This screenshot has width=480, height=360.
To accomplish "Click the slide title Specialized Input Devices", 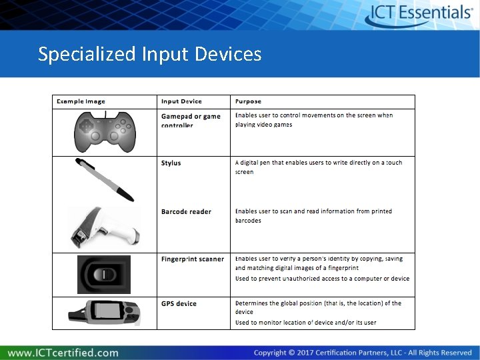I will (150, 53).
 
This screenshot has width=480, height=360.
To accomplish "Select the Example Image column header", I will (81, 101).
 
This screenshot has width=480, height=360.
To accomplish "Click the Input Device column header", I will (181, 101).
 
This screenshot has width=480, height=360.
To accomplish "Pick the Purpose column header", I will (248, 101).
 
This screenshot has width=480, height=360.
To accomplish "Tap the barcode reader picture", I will (103, 227).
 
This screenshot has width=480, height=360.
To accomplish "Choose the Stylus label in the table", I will (171, 163).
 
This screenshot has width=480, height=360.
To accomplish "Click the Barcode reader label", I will (186, 211).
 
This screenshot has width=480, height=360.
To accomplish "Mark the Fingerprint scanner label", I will (192, 259).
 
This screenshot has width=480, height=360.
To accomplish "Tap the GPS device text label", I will (179, 303).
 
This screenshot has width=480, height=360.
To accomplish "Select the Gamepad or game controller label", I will (190, 120).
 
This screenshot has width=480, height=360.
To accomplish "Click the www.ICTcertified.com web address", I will (64, 352).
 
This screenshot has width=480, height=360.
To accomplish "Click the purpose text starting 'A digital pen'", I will (319, 167).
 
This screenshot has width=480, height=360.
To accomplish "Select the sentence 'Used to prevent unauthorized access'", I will (322, 279).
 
